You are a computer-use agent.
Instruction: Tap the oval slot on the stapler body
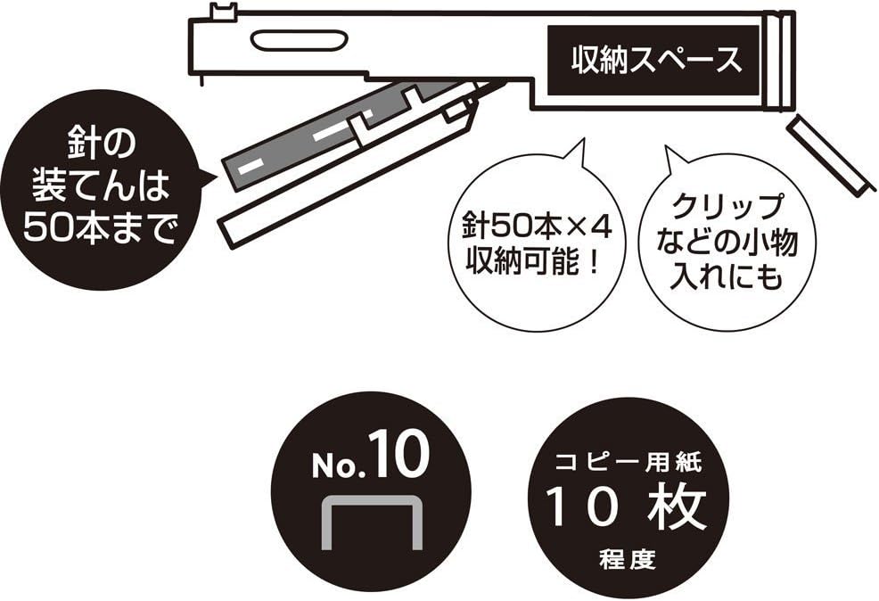click(299, 40)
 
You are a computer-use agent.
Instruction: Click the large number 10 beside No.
click(398, 454)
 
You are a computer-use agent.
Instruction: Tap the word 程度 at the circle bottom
click(628, 559)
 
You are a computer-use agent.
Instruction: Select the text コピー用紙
click(628, 463)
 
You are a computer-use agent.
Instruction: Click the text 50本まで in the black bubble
click(99, 228)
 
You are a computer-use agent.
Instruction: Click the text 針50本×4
click(537, 228)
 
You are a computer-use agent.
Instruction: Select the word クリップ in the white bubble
click(727, 208)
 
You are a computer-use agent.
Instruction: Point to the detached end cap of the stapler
click(830, 155)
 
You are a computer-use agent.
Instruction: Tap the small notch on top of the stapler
click(223, 12)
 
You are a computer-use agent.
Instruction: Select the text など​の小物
click(727, 243)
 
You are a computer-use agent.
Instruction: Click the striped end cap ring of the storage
click(781, 60)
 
